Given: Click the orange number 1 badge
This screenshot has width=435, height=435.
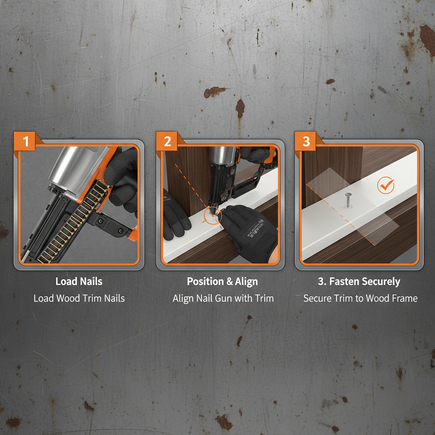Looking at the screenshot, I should [26, 141].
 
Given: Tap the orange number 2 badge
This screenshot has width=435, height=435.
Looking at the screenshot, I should [167, 141].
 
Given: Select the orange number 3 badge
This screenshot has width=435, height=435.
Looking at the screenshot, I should [306, 141].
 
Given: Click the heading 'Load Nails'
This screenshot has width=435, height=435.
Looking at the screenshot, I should [79, 281].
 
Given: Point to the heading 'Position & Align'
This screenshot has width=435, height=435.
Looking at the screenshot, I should [222, 282].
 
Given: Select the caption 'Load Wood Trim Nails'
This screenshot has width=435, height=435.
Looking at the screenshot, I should [79, 298].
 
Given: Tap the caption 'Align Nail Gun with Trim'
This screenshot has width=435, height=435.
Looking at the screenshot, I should [223, 298].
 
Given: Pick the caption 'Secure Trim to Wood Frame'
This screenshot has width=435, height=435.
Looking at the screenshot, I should [360, 298].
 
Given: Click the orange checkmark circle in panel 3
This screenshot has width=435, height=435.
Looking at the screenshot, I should [386, 186].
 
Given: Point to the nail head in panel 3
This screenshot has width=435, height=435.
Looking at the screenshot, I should [348, 195].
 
